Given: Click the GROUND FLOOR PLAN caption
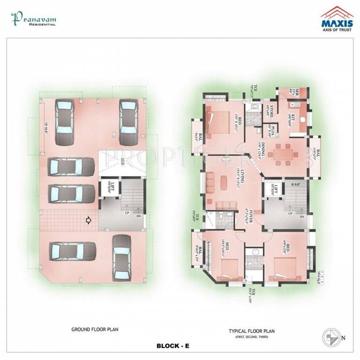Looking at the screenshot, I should coord(95,329).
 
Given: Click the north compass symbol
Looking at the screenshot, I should coord(330,337).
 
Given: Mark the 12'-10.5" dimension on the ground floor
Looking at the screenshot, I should coord(45,128).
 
